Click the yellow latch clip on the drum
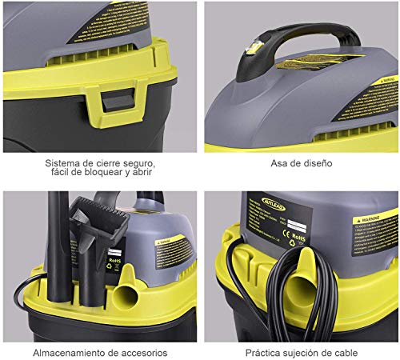tap(110, 105)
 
